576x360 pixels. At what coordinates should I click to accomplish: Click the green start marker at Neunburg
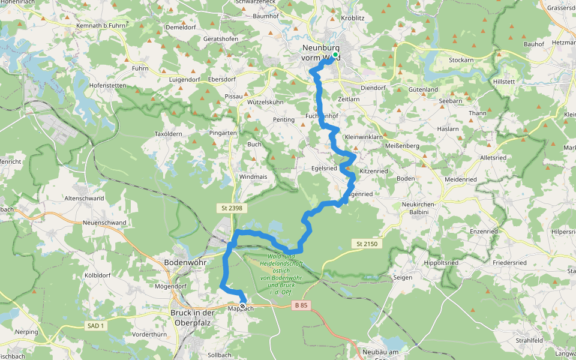335,55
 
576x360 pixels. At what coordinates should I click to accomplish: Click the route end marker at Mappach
242,306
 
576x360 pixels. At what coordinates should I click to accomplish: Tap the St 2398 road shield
228,207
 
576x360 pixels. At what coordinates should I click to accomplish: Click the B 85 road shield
301,305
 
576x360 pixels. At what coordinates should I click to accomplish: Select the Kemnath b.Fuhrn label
101,26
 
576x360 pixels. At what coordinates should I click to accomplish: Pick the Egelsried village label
324,169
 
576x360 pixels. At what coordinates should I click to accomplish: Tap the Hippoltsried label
440,263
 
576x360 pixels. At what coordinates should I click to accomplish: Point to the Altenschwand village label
85,197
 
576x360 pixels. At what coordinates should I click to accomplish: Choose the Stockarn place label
461,61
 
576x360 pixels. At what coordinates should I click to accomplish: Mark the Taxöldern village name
168,133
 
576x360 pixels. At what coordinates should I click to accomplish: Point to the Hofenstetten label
107,86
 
